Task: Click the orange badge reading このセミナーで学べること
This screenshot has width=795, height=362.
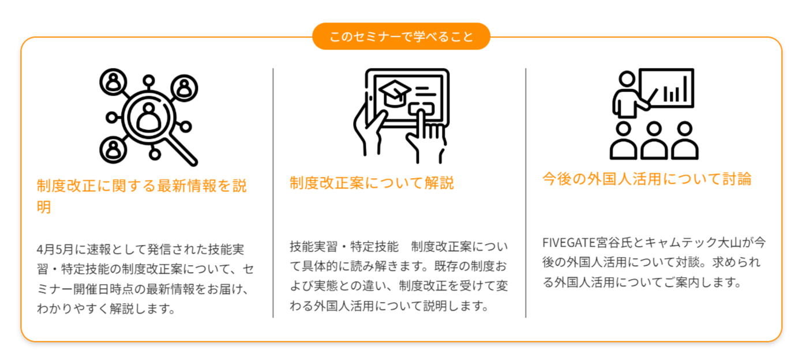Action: coord(401,36)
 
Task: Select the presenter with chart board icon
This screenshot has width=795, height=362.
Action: coord(653,114)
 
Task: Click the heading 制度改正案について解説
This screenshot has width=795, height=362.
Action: coord(372,183)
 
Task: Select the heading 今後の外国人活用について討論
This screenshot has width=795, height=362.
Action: coord(647,179)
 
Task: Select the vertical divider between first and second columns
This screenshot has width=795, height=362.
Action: coord(273,193)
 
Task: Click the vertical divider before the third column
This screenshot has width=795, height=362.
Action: coord(526,193)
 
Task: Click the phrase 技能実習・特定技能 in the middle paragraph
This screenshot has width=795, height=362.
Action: coord(344,247)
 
